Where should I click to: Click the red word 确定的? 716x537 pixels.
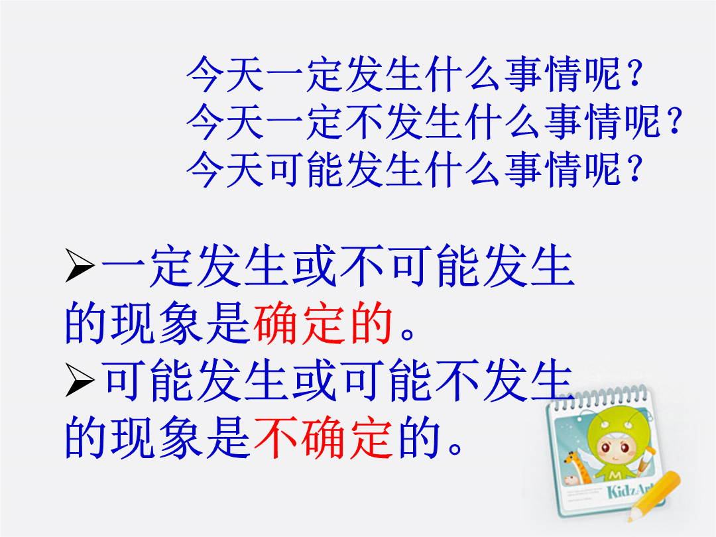323,324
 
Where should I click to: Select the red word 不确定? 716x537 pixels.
323,438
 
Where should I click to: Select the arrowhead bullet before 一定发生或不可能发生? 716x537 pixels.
80,265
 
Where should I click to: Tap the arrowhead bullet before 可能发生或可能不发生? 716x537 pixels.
80,379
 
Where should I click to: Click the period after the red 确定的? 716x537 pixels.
407,333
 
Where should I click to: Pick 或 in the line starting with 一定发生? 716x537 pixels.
314,266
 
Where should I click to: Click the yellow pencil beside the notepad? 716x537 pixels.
654,496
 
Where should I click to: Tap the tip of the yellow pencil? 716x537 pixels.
629,520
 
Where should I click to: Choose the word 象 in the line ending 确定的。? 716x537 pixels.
181,324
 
